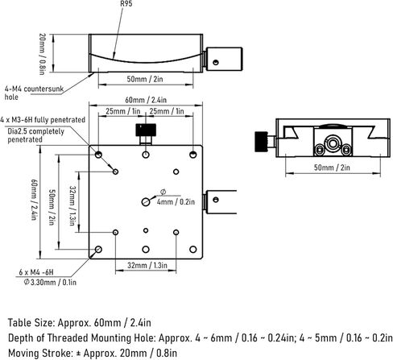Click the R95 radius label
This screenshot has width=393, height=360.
coord(126,4)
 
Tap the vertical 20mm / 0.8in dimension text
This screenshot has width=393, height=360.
coord(43,54)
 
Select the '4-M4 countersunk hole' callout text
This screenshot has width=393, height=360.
coord(34,93)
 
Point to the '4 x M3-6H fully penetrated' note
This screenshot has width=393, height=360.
coord(43,120)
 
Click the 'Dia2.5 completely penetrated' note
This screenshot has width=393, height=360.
coord(35,135)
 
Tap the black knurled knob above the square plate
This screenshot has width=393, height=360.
coord(146,130)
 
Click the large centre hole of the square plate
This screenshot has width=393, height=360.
coord(146,202)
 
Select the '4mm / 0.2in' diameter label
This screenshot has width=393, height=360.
coord(176,202)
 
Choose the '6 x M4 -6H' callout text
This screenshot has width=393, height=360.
coord(36,272)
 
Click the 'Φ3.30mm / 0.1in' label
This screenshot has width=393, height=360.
coord(50,282)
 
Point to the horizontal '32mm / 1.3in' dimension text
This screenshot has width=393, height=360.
coord(147,265)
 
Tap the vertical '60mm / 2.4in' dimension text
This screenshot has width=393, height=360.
coord(34,200)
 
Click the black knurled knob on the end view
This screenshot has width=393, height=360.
coord(261,142)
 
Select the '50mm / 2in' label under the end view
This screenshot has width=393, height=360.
coord(332,168)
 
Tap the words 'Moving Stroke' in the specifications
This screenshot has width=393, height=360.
coord(40,353)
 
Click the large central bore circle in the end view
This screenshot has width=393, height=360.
coord(333,143)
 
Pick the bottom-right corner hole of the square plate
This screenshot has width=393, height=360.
coord(192,250)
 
